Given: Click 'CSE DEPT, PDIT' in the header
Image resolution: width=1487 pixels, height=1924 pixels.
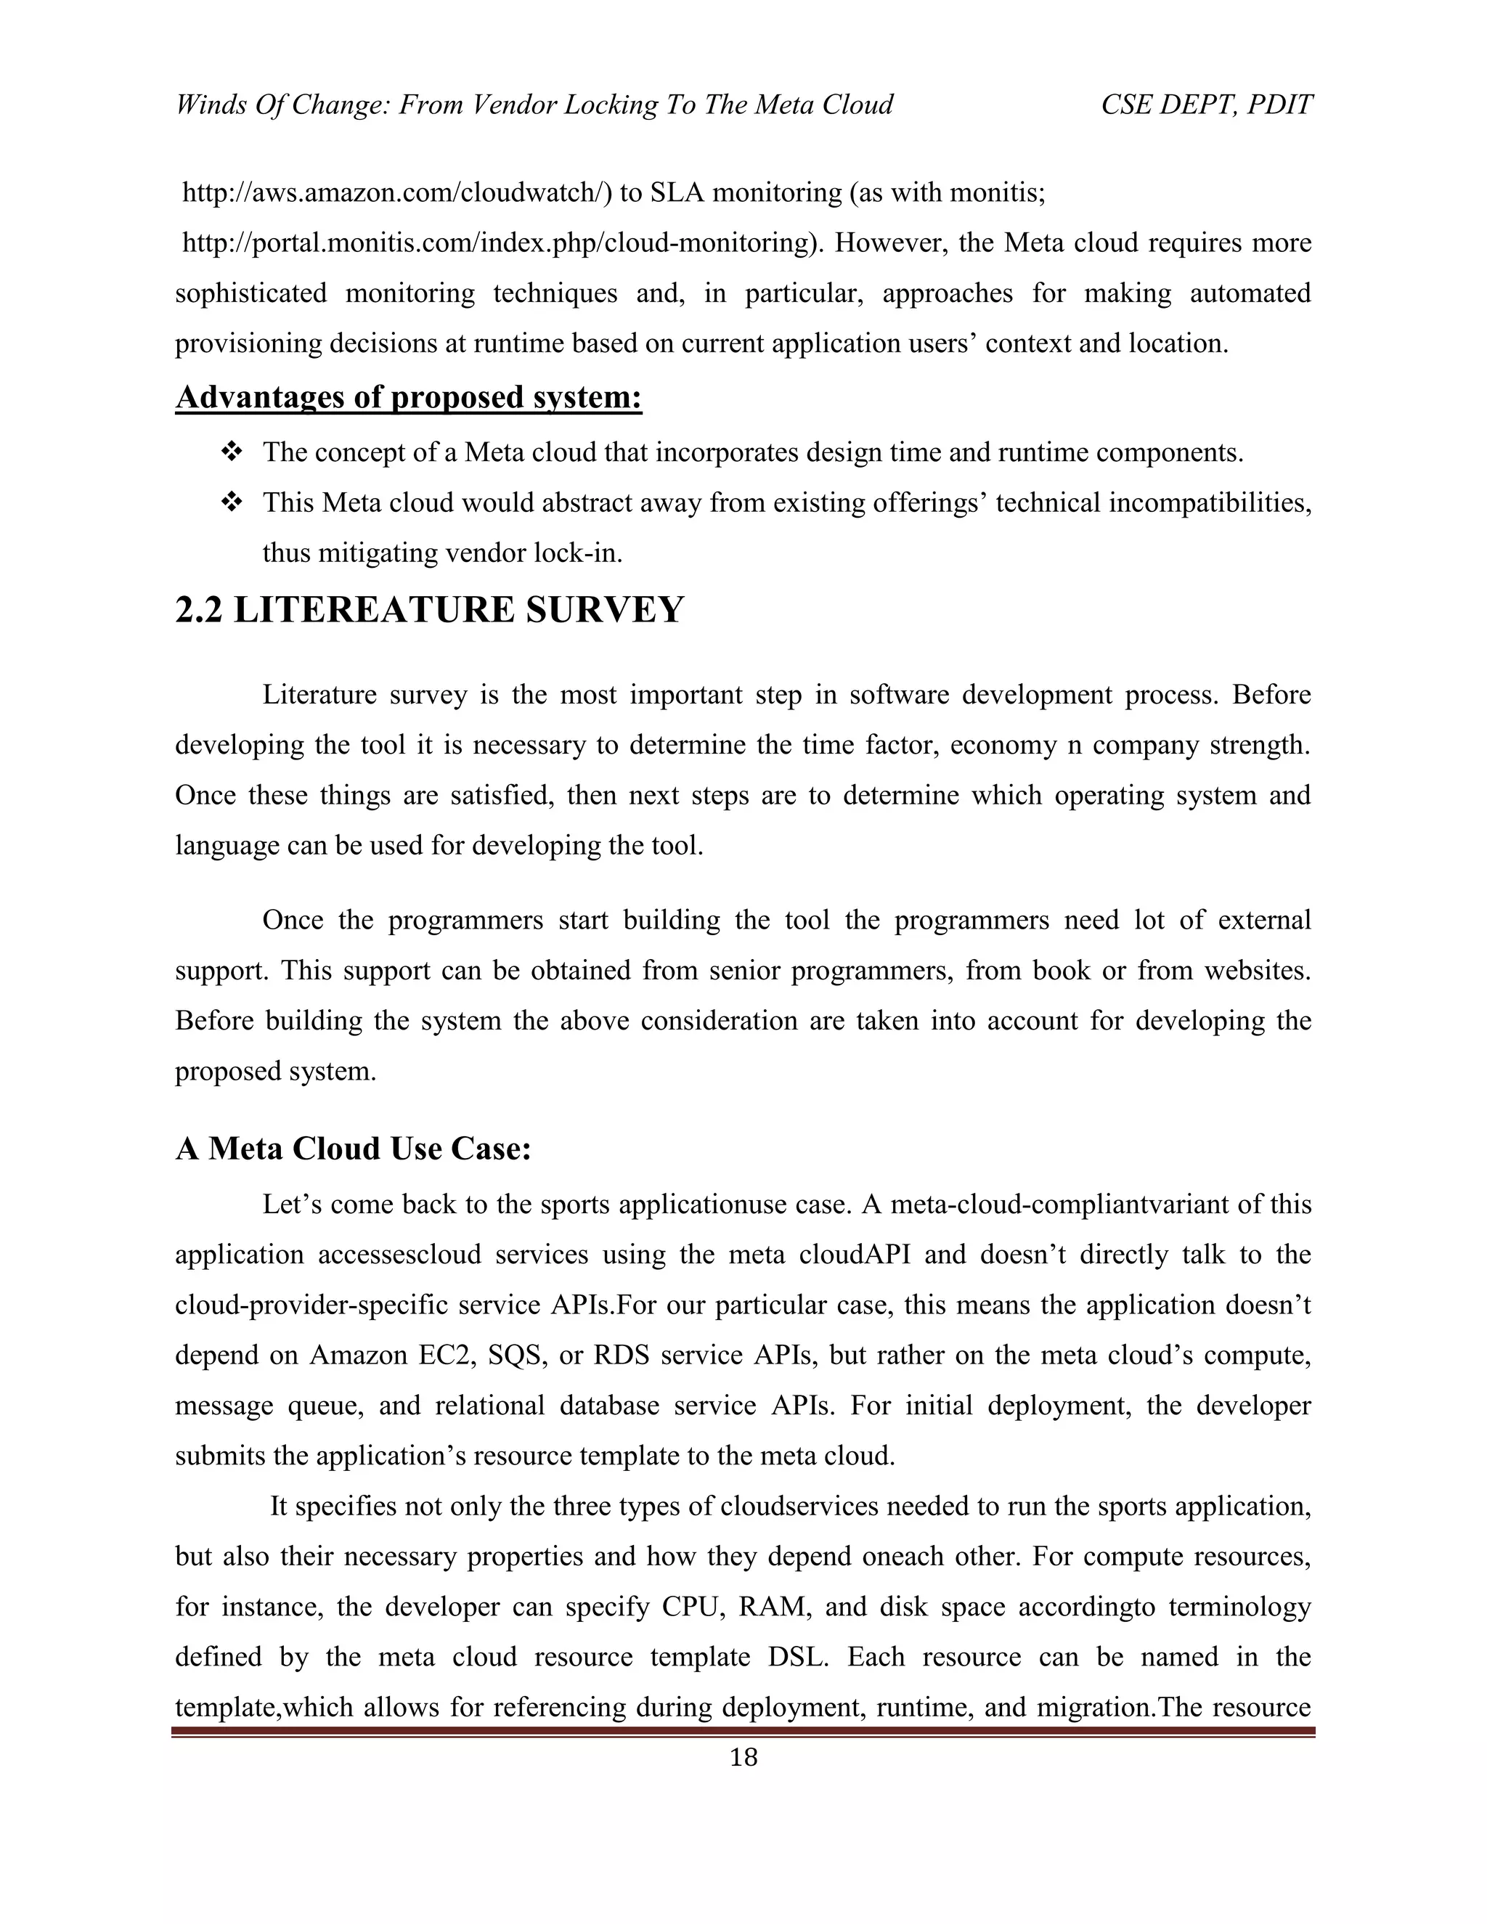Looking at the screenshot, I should point(1206,105).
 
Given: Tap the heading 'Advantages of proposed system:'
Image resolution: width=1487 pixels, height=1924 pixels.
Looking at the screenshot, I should point(409,397).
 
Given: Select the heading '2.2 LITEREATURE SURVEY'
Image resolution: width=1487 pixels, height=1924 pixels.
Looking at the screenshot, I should point(429,610).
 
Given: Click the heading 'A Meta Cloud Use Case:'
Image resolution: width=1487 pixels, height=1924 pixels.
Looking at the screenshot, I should point(354,1149).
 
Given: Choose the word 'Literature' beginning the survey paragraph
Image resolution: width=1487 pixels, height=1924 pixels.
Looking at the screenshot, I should point(321,695).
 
